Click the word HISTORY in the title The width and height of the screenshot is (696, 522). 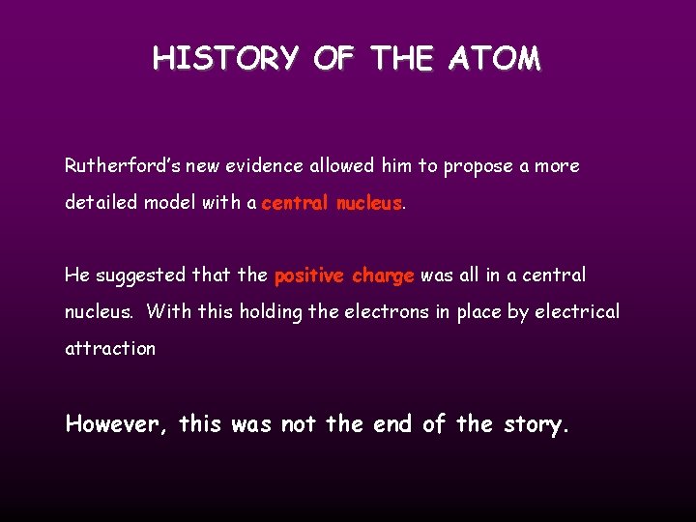(x=225, y=59)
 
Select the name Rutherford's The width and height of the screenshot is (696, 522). (x=119, y=166)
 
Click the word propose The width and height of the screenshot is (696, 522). (x=478, y=166)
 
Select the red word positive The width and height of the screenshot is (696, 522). (x=309, y=275)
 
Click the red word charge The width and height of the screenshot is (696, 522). (x=383, y=275)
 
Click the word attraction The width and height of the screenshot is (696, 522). (x=109, y=349)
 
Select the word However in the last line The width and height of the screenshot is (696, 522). (x=117, y=424)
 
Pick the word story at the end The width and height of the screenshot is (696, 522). (x=535, y=425)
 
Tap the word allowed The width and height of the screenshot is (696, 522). (x=341, y=166)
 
